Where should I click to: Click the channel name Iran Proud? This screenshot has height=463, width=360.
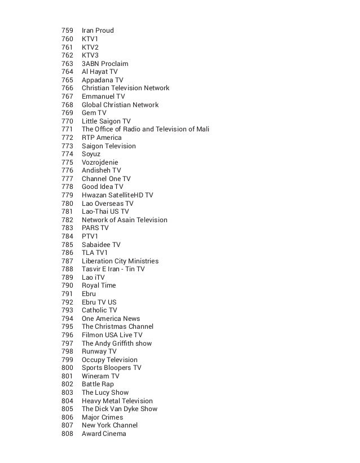coord(98,30)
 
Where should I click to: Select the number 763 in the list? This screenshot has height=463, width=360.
coord(67,64)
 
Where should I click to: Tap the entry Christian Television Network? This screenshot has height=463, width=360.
coord(125,88)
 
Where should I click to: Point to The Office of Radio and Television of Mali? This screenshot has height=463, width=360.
coord(146,129)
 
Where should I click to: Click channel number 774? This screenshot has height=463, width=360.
coord(67,154)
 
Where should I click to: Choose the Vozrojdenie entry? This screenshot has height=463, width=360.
coord(100,162)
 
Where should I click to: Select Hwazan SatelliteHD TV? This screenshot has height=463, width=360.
coord(117,195)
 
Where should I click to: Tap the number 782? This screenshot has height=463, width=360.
coord(67,220)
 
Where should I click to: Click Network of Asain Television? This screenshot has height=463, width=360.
coord(124,220)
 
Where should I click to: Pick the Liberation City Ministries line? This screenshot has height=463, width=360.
coord(120,261)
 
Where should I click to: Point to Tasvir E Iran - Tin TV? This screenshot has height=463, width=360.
coord(113,269)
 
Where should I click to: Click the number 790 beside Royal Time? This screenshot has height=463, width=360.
coord(67,285)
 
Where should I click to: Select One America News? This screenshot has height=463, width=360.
coord(111,319)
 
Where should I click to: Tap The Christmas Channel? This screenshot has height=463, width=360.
coord(117,327)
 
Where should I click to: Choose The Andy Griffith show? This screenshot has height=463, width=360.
coord(116,343)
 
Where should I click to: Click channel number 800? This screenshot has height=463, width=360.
coord(67,368)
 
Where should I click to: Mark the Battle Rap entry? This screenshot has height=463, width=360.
coord(98,384)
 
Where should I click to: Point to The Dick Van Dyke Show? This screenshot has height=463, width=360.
coord(120,409)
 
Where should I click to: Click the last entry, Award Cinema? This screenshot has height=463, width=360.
coord(104,434)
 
